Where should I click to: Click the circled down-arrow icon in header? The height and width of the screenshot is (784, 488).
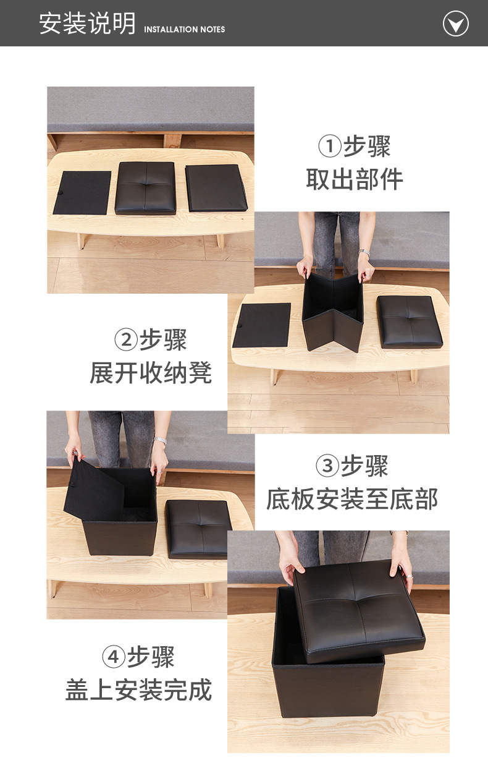pos(456,24)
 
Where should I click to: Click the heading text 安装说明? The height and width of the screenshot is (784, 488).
pos(87,23)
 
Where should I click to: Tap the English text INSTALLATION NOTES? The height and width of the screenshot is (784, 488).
pos(184,29)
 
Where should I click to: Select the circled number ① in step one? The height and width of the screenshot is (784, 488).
pos(330,147)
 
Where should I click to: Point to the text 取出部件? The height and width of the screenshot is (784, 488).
pos(355,179)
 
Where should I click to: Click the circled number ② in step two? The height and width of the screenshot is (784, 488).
pos(126,340)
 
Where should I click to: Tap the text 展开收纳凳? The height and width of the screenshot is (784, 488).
pos(151,373)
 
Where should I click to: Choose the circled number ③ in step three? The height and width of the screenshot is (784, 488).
pos(327,466)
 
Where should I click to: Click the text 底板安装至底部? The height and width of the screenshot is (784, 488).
pos(352,499)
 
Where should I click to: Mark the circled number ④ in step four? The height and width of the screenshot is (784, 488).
pos(114,657)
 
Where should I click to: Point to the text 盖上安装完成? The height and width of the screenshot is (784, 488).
pos(139,690)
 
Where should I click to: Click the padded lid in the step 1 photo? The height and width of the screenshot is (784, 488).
pos(146,187)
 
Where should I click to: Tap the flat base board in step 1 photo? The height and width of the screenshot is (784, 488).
pos(82,192)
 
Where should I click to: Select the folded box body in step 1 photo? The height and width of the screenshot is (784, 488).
pos(216,187)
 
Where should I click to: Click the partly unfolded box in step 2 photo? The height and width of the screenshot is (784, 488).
pos(332,312)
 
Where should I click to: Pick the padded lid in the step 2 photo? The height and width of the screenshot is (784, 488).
pos(409,322)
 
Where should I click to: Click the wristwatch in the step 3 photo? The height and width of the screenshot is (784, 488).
pos(161,441)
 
